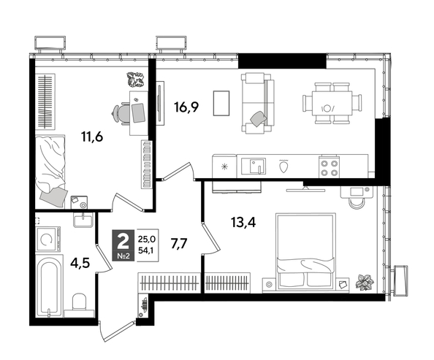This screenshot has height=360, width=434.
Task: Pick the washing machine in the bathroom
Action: pos(47,237)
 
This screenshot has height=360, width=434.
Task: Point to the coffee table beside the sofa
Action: pos(221,103)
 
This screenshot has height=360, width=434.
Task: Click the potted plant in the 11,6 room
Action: pos(136,79)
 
